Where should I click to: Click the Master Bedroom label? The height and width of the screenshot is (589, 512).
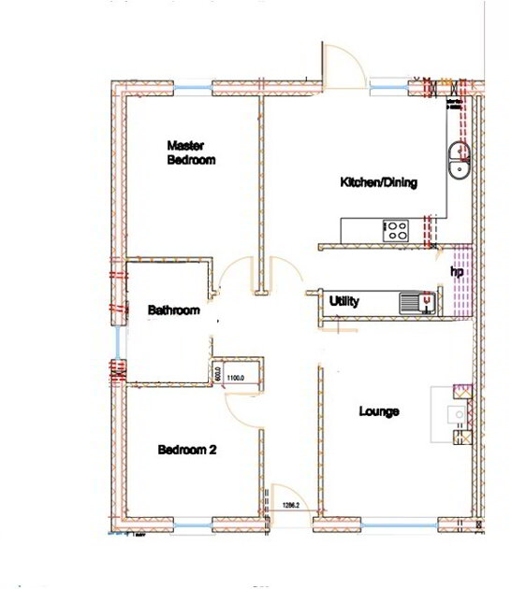pos(191,152)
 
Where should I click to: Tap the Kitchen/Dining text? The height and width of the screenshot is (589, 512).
pos(378,182)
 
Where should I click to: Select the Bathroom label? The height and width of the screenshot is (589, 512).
pos(173,310)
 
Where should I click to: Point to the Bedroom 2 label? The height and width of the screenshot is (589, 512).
pos(186,450)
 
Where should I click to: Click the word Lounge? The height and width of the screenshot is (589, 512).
pos(379,411)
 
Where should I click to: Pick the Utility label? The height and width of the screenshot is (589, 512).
pos(344,301)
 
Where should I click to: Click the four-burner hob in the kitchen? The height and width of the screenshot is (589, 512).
pos(397,230)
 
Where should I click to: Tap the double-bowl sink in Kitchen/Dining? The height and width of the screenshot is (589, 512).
pos(459,161)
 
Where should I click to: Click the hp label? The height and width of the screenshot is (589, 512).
pos(458,272)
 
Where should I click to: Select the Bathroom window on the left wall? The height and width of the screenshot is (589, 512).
pos(115,342)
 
